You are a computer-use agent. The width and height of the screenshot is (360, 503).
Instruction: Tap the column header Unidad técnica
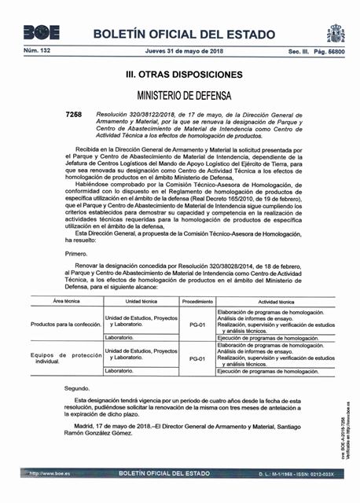[x=141, y=301]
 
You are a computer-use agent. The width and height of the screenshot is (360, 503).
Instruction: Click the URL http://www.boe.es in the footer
[x=50, y=475]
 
